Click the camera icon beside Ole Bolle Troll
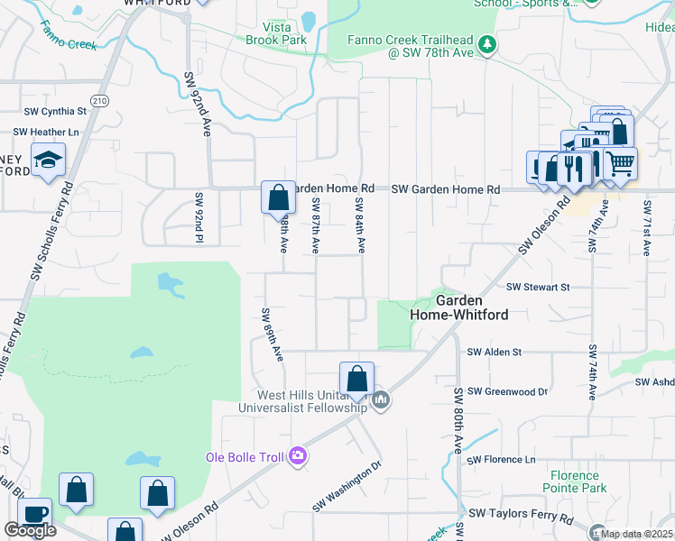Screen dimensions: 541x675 tap(298, 457)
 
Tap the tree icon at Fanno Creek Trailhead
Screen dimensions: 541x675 tap(487, 44)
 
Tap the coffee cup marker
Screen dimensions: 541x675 tap(34, 514)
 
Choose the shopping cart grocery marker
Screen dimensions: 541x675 tap(619, 164)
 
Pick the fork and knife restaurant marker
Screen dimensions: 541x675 tap(573, 168)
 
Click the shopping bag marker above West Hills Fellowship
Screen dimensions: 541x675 tap(356, 378)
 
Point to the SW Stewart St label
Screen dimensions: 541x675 tap(539, 287)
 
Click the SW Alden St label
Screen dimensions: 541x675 tap(494, 353)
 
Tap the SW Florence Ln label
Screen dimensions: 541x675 tap(502, 460)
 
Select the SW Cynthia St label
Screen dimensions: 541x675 tap(55, 112)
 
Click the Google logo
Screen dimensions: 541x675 tap(31, 530)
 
